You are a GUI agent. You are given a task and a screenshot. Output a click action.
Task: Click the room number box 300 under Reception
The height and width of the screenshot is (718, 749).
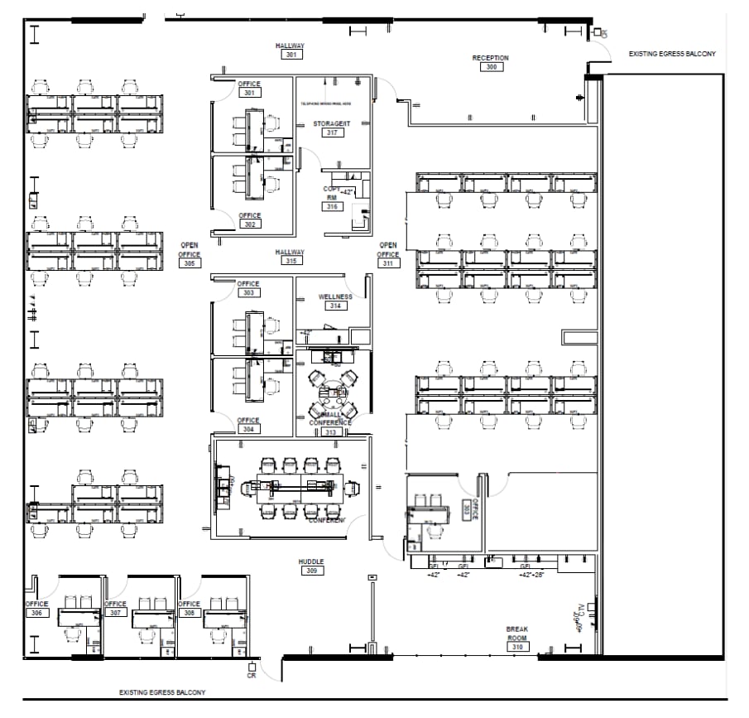point(492,67)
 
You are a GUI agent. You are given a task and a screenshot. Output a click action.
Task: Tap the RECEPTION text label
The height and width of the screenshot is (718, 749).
point(491,58)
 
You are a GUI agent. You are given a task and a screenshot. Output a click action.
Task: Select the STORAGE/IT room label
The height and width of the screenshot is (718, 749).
point(332,123)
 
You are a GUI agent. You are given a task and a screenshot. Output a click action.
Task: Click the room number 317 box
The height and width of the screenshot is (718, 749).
point(332,133)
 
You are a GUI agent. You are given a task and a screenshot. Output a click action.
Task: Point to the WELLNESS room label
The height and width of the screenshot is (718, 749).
point(335,296)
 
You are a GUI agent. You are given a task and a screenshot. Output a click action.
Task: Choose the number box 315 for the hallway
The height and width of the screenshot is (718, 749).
point(290,261)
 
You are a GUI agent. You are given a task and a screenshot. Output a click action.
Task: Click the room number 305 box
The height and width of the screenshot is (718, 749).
point(190,263)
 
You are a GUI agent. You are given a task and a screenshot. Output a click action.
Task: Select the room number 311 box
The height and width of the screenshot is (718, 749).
point(388,263)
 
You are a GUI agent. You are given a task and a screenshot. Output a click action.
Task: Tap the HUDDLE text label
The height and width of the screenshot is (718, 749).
point(312,561)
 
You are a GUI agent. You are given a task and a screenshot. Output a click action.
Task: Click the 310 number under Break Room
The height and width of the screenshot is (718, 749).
point(518,647)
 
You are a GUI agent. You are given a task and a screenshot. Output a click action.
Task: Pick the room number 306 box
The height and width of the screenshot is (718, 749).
point(36,613)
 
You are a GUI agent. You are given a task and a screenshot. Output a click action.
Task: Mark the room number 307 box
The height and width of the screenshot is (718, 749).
point(116,613)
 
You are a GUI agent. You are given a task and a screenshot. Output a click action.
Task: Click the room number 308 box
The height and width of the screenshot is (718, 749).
point(190,613)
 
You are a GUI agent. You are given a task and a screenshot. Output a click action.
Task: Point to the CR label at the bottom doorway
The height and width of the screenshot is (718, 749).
point(251,676)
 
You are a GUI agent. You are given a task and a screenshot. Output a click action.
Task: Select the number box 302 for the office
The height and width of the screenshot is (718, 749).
point(249,224)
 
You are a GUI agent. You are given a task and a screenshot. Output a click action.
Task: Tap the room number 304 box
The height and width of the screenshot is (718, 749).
point(249,429)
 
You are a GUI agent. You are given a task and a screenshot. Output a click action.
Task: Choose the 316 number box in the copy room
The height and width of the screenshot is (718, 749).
point(332,206)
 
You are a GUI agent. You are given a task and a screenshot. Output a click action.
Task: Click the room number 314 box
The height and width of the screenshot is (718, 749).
point(335,306)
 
